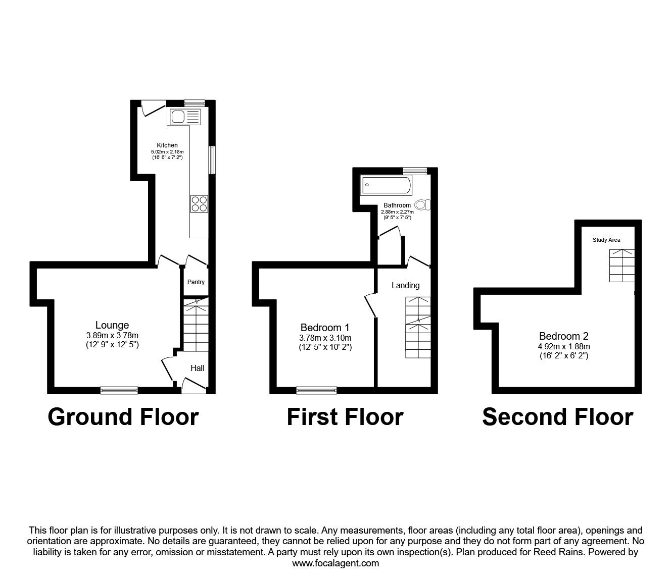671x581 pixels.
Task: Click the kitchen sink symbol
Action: point(185,117)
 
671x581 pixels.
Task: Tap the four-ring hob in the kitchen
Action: point(199,203)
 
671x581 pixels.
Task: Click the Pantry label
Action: point(196,282)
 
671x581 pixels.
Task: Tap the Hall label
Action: point(197,368)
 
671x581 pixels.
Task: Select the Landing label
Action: point(405,286)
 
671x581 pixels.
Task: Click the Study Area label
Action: point(606,240)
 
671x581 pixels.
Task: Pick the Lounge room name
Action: point(112,326)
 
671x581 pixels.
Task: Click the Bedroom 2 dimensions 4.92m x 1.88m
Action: point(564,346)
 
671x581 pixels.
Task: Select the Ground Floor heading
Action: point(123,417)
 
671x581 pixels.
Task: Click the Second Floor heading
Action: point(557,417)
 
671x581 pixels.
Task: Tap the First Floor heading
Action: point(345,417)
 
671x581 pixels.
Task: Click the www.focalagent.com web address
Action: point(335,563)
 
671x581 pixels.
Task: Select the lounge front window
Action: point(119,390)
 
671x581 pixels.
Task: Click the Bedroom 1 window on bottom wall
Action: point(316,390)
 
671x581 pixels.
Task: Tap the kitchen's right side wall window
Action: point(212,160)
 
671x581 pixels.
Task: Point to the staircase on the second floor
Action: point(621,266)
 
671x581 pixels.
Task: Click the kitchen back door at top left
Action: point(152,108)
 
